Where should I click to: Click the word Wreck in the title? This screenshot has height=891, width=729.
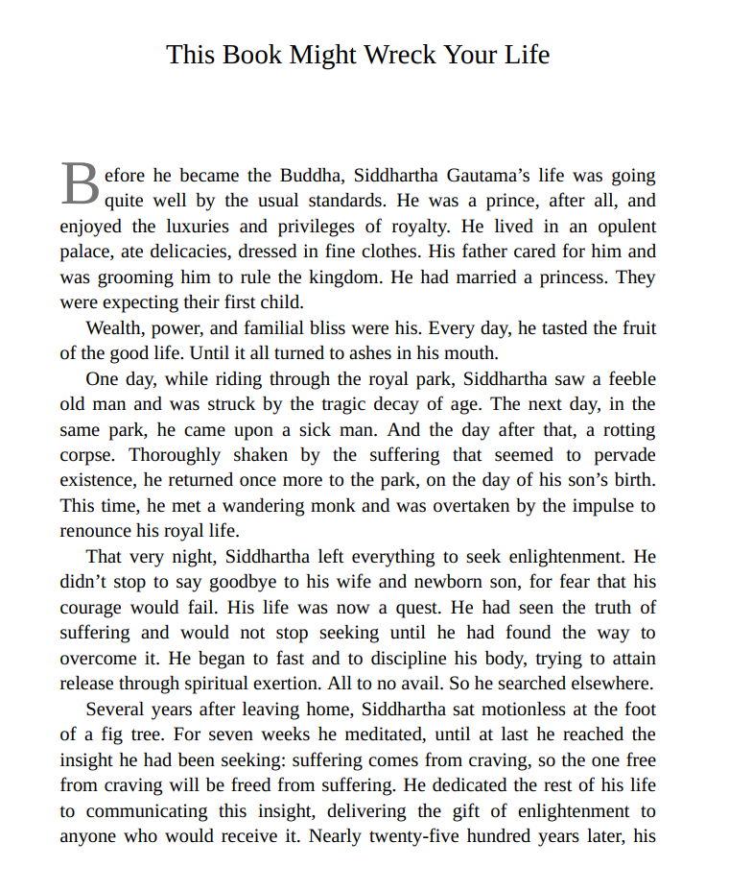pyautogui.click(x=398, y=55)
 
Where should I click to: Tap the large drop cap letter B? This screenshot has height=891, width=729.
pyautogui.click(x=80, y=184)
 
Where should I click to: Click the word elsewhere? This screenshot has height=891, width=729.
pyautogui.click(x=610, y=684)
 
